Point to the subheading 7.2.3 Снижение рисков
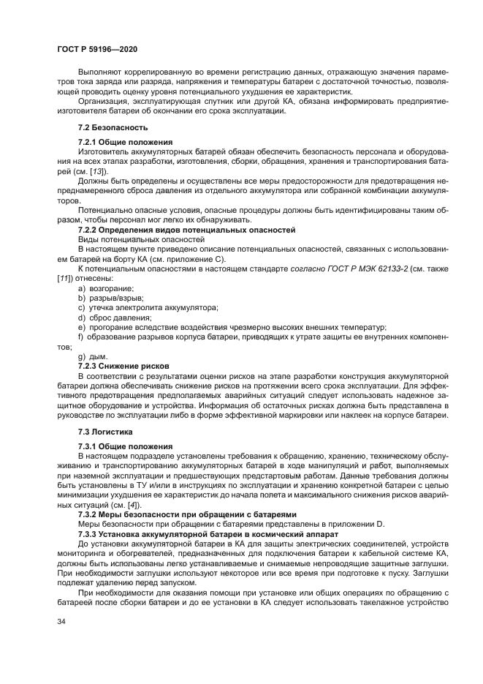tap(123, 364)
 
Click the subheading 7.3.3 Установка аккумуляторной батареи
tap(204, 533)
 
